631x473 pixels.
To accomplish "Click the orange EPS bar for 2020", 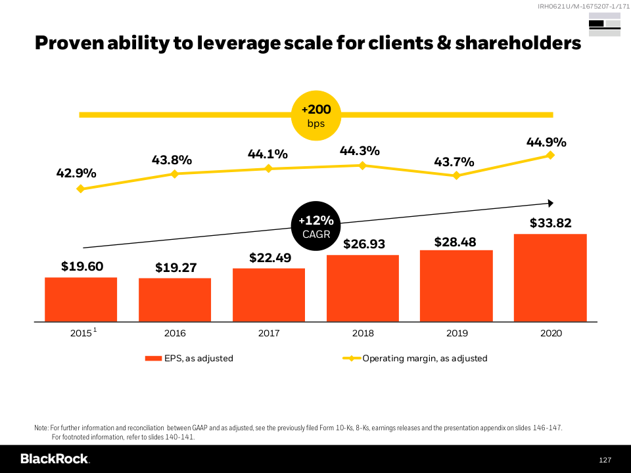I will (x=550, y=278).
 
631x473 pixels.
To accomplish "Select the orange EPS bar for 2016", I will (x=175, y=300).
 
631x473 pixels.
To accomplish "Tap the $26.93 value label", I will (x=363, y=244).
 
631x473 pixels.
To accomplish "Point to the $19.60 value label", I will (x=82, y=266).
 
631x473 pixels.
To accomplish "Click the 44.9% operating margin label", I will (x=546, y=142).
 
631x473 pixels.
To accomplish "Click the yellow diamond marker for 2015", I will (x=81, y=189).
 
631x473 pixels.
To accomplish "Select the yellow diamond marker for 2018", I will (x=362, y=166).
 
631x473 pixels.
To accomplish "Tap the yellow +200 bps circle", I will (x=316, y=116).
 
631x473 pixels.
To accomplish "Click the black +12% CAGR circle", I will (x=316, y=226).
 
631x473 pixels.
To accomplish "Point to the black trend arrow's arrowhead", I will (x=551, y=203).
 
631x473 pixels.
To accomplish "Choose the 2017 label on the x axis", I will (x=269, y=333).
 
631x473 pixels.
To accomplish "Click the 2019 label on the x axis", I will (x=457, y=333).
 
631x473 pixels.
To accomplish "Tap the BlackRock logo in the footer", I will (x=55, y=459).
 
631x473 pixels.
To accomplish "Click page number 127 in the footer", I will (x=605, y=460).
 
